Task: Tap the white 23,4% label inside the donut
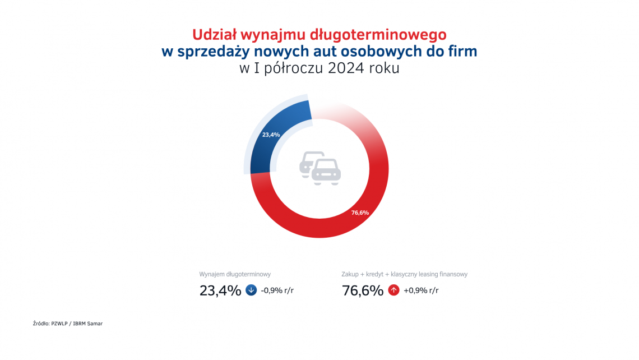[271, 135]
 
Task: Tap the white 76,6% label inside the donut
[360, 213]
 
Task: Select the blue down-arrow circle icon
[251, 290]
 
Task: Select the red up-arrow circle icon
[393, 290]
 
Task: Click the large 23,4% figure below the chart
[220, 290]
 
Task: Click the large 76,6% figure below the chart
[363, 290]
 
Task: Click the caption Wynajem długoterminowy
[235, 274]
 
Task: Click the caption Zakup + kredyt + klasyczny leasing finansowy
[404, 274]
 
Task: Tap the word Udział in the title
[212, 35]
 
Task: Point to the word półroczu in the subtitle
[280, 70]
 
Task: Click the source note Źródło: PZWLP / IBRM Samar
[68, 324]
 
